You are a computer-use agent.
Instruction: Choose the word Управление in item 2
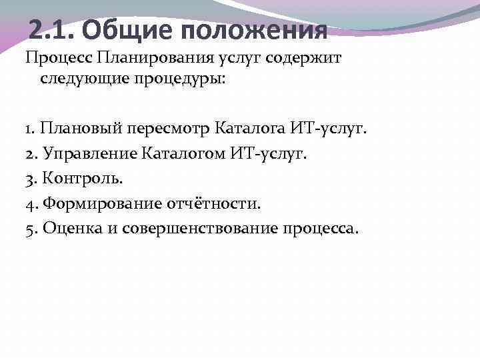(x=91, y=153)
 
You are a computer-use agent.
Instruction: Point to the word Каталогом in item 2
(x=185, y=153)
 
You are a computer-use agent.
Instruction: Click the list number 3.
(x=31, y=179)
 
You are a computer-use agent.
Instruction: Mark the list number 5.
(x=31, y=229)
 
